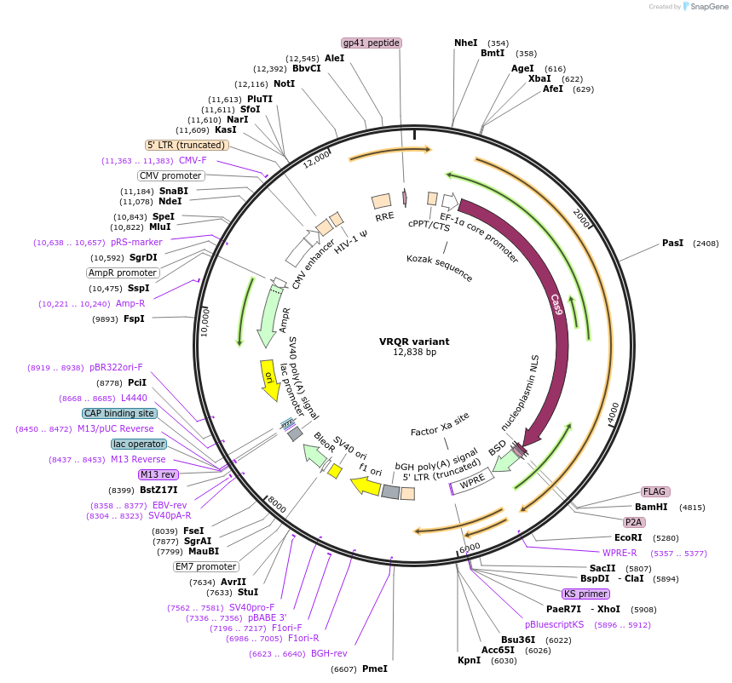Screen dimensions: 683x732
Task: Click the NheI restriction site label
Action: pyautogui.click(x=466, y=43)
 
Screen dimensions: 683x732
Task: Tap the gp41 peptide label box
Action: pyautogui.click(x=372, y=43)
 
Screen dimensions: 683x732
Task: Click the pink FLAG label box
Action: pyautogui.click(x=655, y=491)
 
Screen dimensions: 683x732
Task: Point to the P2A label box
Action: pyautogui.click(x=633, y=522)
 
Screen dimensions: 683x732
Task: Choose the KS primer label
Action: pyautogui.click(x=586, y=594)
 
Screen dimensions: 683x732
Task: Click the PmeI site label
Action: pyautogui.click(x=375, y=669)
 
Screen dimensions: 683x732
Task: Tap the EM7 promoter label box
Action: pyautogui.click(x=206, y=566)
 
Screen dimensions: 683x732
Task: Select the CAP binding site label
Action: pyautogui.click(x=118, y=413)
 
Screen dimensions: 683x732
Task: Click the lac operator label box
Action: pyautogui.click(x=139, y=444)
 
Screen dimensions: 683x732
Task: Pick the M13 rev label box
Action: pyautogui.click(x=158, y=474)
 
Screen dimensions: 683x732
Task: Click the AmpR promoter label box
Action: pyautogui.click(x=123, y=273)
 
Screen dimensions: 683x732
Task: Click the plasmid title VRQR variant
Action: pyautogui.click(x=414, y=341)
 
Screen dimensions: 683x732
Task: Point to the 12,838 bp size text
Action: pyautogui.click(x=414, y=352)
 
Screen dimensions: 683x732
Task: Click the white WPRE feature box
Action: pyautogui.click(x=472, y=483)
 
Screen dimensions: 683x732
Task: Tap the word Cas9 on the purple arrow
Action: pyautogui.click(x=556, y=304)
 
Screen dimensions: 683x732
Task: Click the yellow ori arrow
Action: pyautogui.click(x=269, y=376)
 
